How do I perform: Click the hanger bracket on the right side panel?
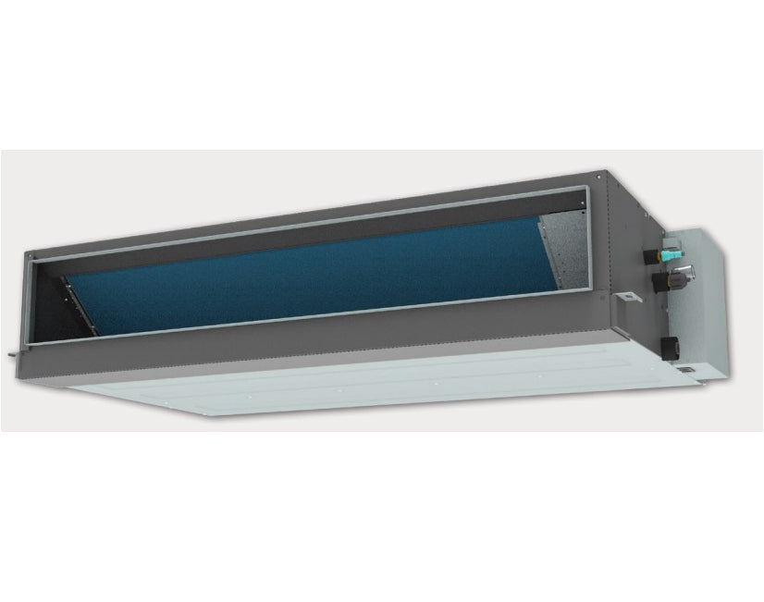(626, 297)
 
